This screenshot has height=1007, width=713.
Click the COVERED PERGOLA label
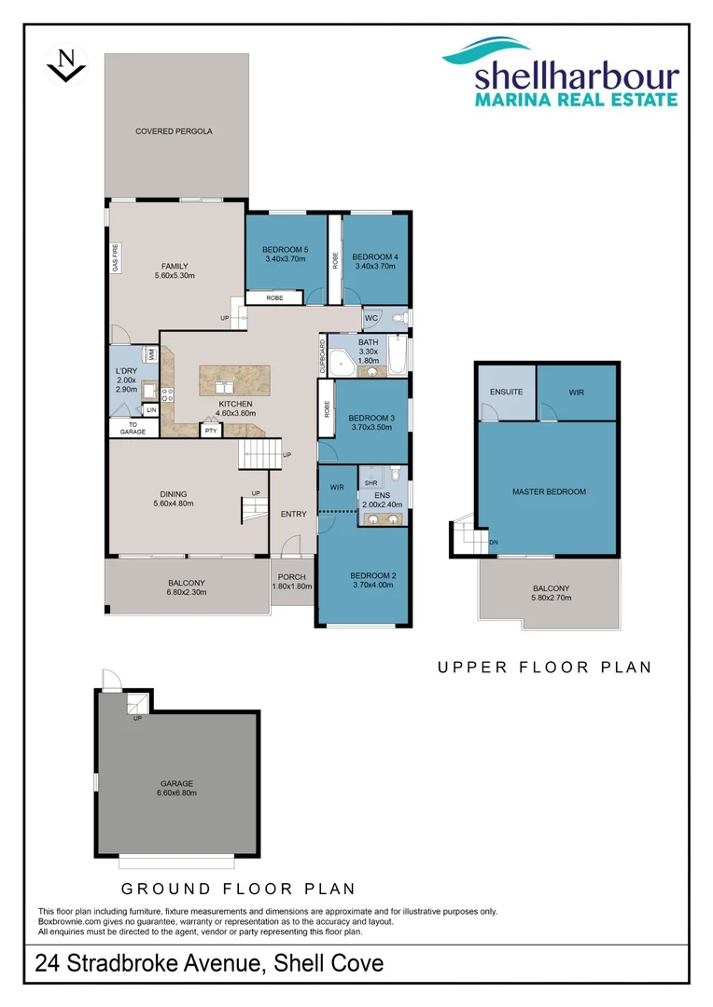[174, 131]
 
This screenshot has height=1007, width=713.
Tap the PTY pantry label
[211, 431]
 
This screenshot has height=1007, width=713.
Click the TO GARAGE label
[133, 427]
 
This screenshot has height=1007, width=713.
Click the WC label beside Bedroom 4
[370, 319]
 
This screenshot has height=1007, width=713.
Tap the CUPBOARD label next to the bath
[324, 355]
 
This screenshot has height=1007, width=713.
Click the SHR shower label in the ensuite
[370, 482]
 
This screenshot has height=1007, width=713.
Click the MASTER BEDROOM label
[549, 491]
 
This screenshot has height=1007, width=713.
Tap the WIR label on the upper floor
[576, 393]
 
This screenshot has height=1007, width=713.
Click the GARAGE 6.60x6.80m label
[175, 788]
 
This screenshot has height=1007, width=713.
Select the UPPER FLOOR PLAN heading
[544, 668]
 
